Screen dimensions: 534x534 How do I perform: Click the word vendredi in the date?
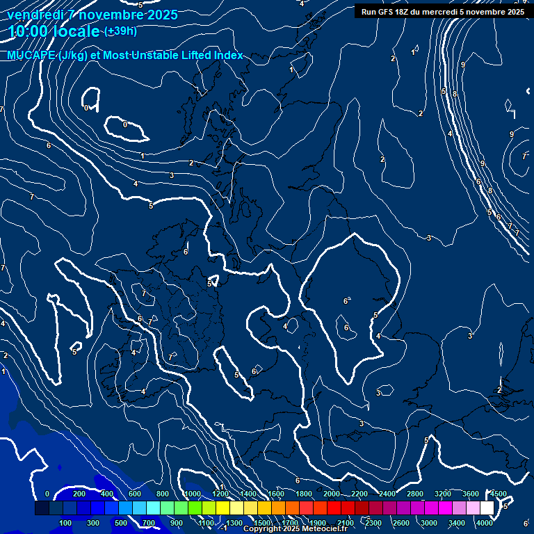[x=35, y=15]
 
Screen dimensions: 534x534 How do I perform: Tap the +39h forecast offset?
[x=120, y=31]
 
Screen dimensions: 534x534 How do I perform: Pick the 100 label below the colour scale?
[x=66, y=523]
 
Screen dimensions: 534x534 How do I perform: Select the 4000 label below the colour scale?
[x=485, y=523]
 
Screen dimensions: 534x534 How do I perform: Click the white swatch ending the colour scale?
[x=487, y=508]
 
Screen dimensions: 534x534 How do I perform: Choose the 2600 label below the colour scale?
[x=401, y=523]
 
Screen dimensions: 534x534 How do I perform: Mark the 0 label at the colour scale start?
[x=47, y=494]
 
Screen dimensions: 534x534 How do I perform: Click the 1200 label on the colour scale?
[x=220, y=494]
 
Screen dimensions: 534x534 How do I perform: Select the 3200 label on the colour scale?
[x=443, y=494]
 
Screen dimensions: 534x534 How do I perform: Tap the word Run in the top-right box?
[x=369, y=12]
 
